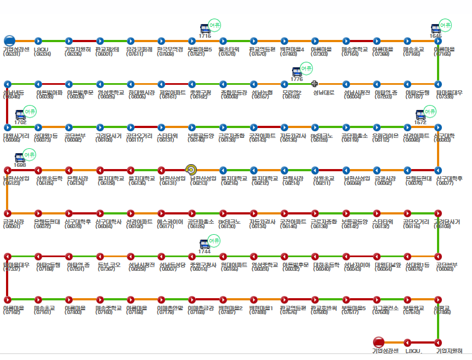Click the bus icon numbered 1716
click(x=205, y=29)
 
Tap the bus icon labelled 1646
click(x=436, y=29)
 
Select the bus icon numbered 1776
click(x=296, y=72)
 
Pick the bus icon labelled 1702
click(x=20, y=115)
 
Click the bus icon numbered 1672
click(x=420, y=115)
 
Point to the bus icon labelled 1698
click(x=20, y=158)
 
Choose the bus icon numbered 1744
click(x=205, y=244)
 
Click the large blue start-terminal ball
click(x=9, y=40)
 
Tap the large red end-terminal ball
click(x=378, y=342)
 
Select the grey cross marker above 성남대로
click(x=314, y=84)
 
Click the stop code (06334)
click(x=42, y=54)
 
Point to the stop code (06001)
click(x=103, y=54)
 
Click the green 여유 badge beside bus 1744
click(x=218, y=241)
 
